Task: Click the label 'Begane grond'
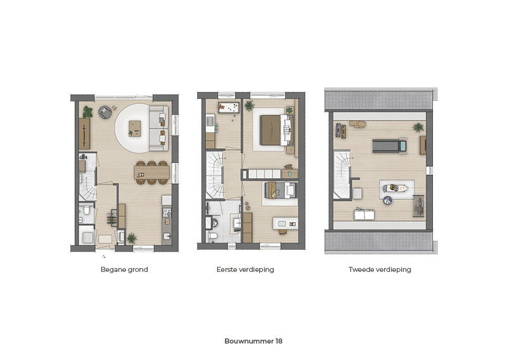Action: [124, 270]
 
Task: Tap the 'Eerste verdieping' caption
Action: [245, 270]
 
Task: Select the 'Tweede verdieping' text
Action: [380, 270]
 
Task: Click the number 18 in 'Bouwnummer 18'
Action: [279, 341]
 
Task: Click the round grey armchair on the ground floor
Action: [105, 112]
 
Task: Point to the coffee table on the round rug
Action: [135, 129]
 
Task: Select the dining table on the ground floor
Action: [152, 172]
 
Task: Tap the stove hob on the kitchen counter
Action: [167, 212]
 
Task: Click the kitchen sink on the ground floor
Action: [167, 236]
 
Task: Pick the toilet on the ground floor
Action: [86, 210]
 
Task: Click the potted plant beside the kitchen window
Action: [132, 238]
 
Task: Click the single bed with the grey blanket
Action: [280, 190]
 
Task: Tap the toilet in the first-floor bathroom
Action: [213, 236]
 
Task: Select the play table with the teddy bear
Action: [229, 108]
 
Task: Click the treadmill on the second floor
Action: [390, 146]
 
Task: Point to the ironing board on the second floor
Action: [395, 188]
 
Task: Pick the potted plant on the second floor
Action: [418, 127]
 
